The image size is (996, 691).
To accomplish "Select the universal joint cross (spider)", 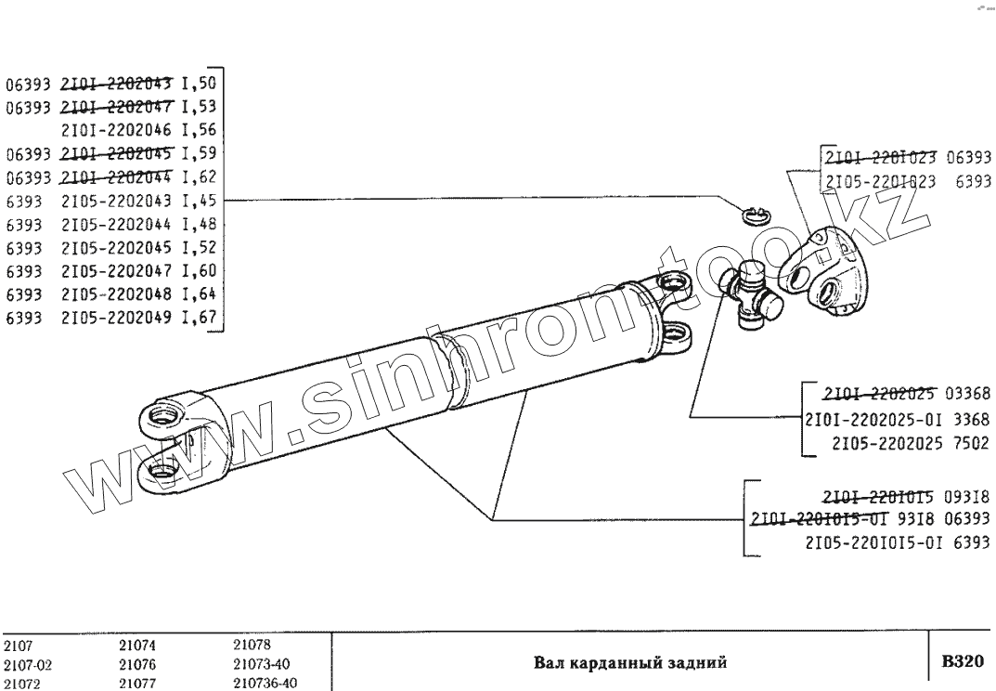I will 752,295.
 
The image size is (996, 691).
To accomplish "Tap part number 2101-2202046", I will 118,129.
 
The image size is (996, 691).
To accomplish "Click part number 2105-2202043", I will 118,200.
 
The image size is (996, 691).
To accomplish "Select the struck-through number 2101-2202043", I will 118,82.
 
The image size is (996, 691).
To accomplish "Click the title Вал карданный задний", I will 629,663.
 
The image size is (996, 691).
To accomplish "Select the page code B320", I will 962,662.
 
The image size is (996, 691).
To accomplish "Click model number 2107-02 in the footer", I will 25,665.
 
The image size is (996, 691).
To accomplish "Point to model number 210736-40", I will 265,683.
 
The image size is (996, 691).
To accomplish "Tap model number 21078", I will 251,647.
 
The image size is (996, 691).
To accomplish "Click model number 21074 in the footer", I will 138,647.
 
